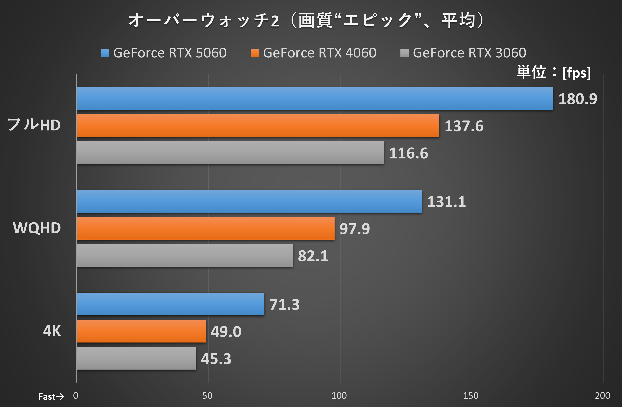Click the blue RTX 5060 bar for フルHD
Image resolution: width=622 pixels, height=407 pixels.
point(315,98)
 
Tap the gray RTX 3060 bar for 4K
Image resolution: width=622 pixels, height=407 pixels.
point(136,358)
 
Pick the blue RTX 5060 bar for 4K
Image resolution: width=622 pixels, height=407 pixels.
point(170,304)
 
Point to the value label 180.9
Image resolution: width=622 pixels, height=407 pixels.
point(578,99)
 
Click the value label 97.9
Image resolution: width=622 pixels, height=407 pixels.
point(355,229)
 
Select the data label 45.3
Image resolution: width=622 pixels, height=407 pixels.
point(216,359)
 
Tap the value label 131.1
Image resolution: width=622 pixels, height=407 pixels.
point(446,202)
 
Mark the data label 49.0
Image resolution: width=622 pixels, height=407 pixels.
point(226,332)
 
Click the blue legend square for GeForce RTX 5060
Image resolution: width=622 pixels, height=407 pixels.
point(105,53)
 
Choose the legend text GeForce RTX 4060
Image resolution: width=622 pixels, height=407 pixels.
point(319,53)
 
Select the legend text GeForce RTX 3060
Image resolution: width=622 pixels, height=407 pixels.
point(469,53)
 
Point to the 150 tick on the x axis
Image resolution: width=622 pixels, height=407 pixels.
point(471,396)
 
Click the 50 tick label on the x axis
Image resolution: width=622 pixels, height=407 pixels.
point(207,396)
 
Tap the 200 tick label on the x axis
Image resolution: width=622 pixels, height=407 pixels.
point(602,396)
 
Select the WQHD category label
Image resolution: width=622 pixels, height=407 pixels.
point(37,228)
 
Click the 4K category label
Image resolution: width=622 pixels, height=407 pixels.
point(52,331)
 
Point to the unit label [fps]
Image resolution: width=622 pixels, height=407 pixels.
point(577,73)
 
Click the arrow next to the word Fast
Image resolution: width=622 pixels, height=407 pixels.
point(60,397)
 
